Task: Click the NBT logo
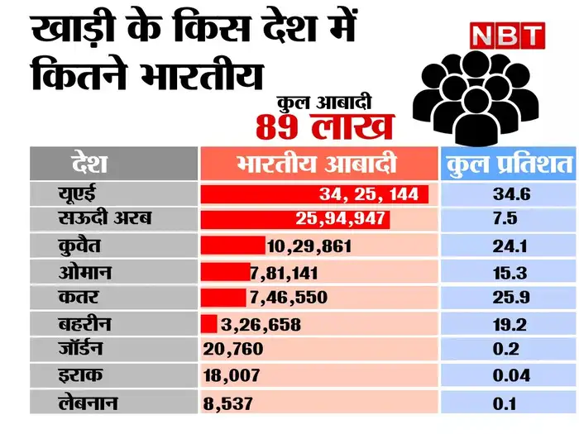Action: (506, 35)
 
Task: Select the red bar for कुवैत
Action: (233, 246)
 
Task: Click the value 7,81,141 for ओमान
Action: (285, 272)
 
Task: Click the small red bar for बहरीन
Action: (209, 323)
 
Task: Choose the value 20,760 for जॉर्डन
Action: (233, 349)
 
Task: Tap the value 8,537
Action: (227, 403)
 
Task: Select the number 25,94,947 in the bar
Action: (339, 221)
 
